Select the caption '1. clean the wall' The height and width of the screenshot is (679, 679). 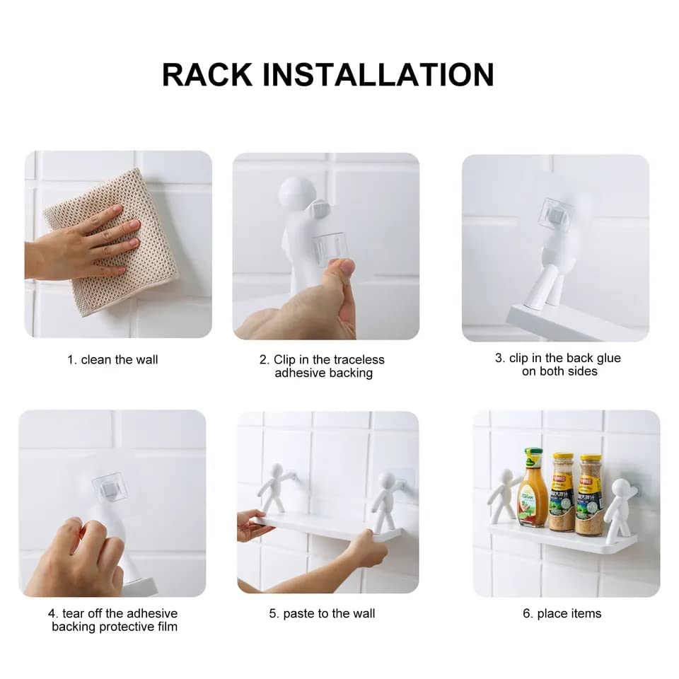[112, 360]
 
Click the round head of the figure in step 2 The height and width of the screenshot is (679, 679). [298, 194]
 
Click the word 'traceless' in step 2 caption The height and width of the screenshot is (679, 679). [354, 360]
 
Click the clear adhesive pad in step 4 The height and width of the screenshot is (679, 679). [109, 488]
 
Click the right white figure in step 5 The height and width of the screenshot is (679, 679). [385, 499]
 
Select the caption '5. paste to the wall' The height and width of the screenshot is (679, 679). [322, 614]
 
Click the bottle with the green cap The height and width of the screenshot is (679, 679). [532, 488]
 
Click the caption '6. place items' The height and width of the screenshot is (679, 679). [562, 614]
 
